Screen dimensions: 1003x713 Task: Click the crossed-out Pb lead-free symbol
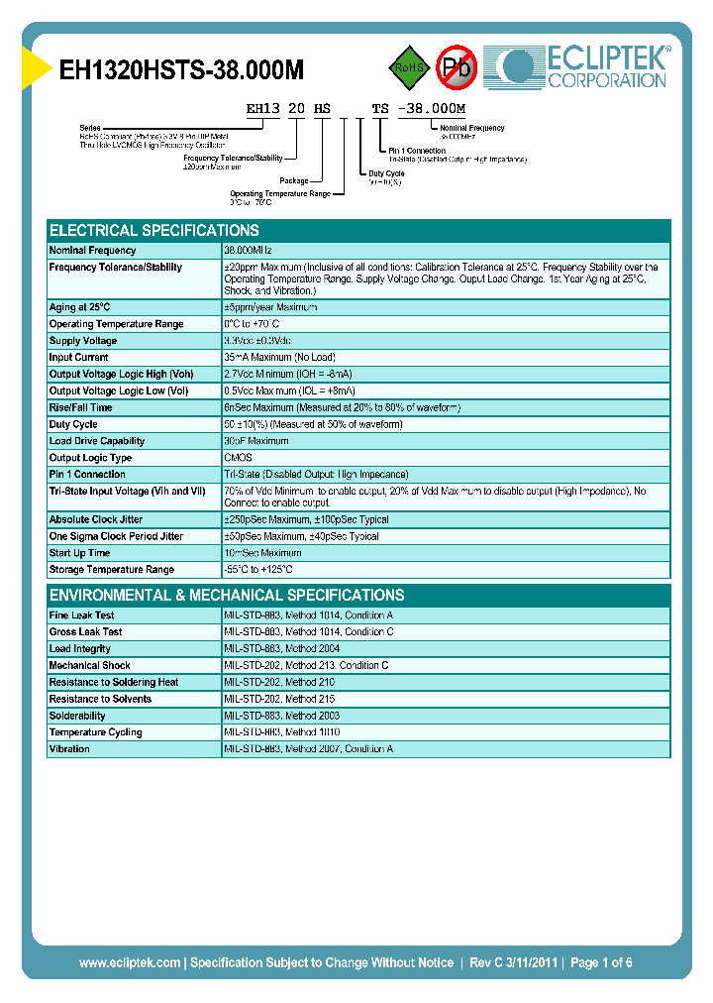[458, 68]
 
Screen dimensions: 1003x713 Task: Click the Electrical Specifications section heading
[153, 230]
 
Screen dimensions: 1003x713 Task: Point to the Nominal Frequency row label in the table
[93, 251]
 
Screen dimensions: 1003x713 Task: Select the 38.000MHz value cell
[248, 251]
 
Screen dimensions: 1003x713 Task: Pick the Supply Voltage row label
[83, 341]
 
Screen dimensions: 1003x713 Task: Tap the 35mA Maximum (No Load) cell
[279, 358]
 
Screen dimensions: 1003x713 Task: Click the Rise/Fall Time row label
[80, 407]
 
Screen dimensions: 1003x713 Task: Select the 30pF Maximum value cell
[255, 441]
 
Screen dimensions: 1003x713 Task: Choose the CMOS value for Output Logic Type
[238, 458]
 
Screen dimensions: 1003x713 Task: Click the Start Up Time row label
[79, 553]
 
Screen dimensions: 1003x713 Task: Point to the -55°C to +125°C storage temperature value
[264, 570]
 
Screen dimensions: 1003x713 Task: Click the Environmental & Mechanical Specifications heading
[227, 596]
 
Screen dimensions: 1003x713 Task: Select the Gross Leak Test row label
[85, 632]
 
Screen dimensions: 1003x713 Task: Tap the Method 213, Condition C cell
[306, 666]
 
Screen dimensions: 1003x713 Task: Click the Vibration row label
[69, 749]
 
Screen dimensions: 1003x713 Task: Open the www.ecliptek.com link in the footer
[129, 962]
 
